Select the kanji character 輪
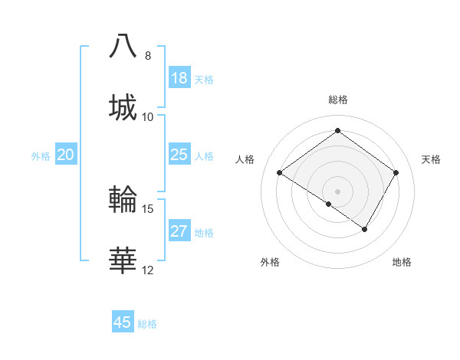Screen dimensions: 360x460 (x=123, y=198)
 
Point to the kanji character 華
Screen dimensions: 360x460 (x=123, y=260)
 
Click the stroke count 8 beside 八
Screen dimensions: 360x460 (x=147, y=56)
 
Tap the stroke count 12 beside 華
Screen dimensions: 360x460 (x=148, y=270)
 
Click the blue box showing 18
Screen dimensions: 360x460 (x=179, y=78)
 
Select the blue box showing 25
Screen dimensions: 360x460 (x=179, y=155)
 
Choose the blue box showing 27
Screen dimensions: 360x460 (x=179, y=231)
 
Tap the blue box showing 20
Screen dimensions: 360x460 (x=65, y=155)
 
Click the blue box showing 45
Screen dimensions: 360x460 (x=123, y=322)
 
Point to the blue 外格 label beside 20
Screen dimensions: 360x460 (x=41, y=156)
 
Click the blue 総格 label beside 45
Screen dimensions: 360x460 (x=147, y=324)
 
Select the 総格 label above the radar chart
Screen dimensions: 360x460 (x=337, y=100)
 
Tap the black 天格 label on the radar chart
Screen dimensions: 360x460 (x=432, y=159)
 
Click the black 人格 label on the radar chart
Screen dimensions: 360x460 (x=245, y=159)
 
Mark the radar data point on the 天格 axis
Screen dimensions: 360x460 (x=396, y=172)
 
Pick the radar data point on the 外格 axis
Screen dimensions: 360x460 (x=329, y=204)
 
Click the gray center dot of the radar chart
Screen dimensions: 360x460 (x=337, y=191)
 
